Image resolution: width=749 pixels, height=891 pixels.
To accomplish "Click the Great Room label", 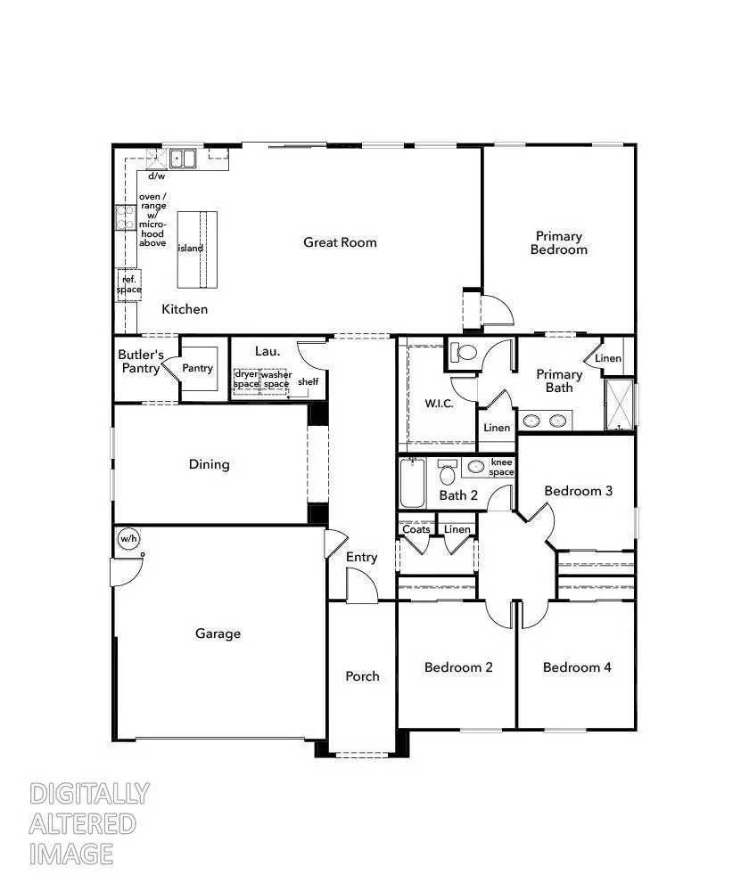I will click(x=340, y=242).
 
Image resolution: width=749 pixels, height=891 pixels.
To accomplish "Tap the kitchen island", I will click(x=197, y=249).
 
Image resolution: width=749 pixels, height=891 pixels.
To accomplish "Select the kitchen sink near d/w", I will click(x=184, y=159).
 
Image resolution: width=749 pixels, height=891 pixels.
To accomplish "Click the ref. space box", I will click(x=128, y=284).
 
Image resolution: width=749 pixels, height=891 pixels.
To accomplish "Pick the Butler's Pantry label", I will click(x=140, y=361).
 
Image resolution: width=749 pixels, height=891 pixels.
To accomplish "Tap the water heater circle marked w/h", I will click(x=129, y=539).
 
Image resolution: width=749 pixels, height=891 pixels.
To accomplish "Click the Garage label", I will click(x=218, y=634).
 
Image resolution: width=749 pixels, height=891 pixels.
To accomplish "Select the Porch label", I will click(x=362, y=676).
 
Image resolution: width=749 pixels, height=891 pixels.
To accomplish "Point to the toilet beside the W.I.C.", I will click(x=463, y=352).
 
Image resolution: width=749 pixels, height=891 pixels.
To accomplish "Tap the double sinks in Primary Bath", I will click(x=546, y=421).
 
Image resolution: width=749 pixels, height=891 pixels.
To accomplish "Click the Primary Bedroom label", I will click(x=559, y=243).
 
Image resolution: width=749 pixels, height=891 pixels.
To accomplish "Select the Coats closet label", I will click(x=416, y=529).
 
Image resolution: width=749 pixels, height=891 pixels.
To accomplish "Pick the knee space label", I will click(x=502, y=468).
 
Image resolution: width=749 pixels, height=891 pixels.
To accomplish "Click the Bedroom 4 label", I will click(x=577, y=667).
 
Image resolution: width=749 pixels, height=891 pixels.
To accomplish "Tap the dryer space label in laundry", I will click(x=245, y=379).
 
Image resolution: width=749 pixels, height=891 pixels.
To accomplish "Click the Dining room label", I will click(x=210, y=464).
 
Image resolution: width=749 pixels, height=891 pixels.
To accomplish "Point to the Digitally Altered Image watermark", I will click(x=89, y=823).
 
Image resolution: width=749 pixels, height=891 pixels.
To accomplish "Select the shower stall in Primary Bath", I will click(x=619, y=405).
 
